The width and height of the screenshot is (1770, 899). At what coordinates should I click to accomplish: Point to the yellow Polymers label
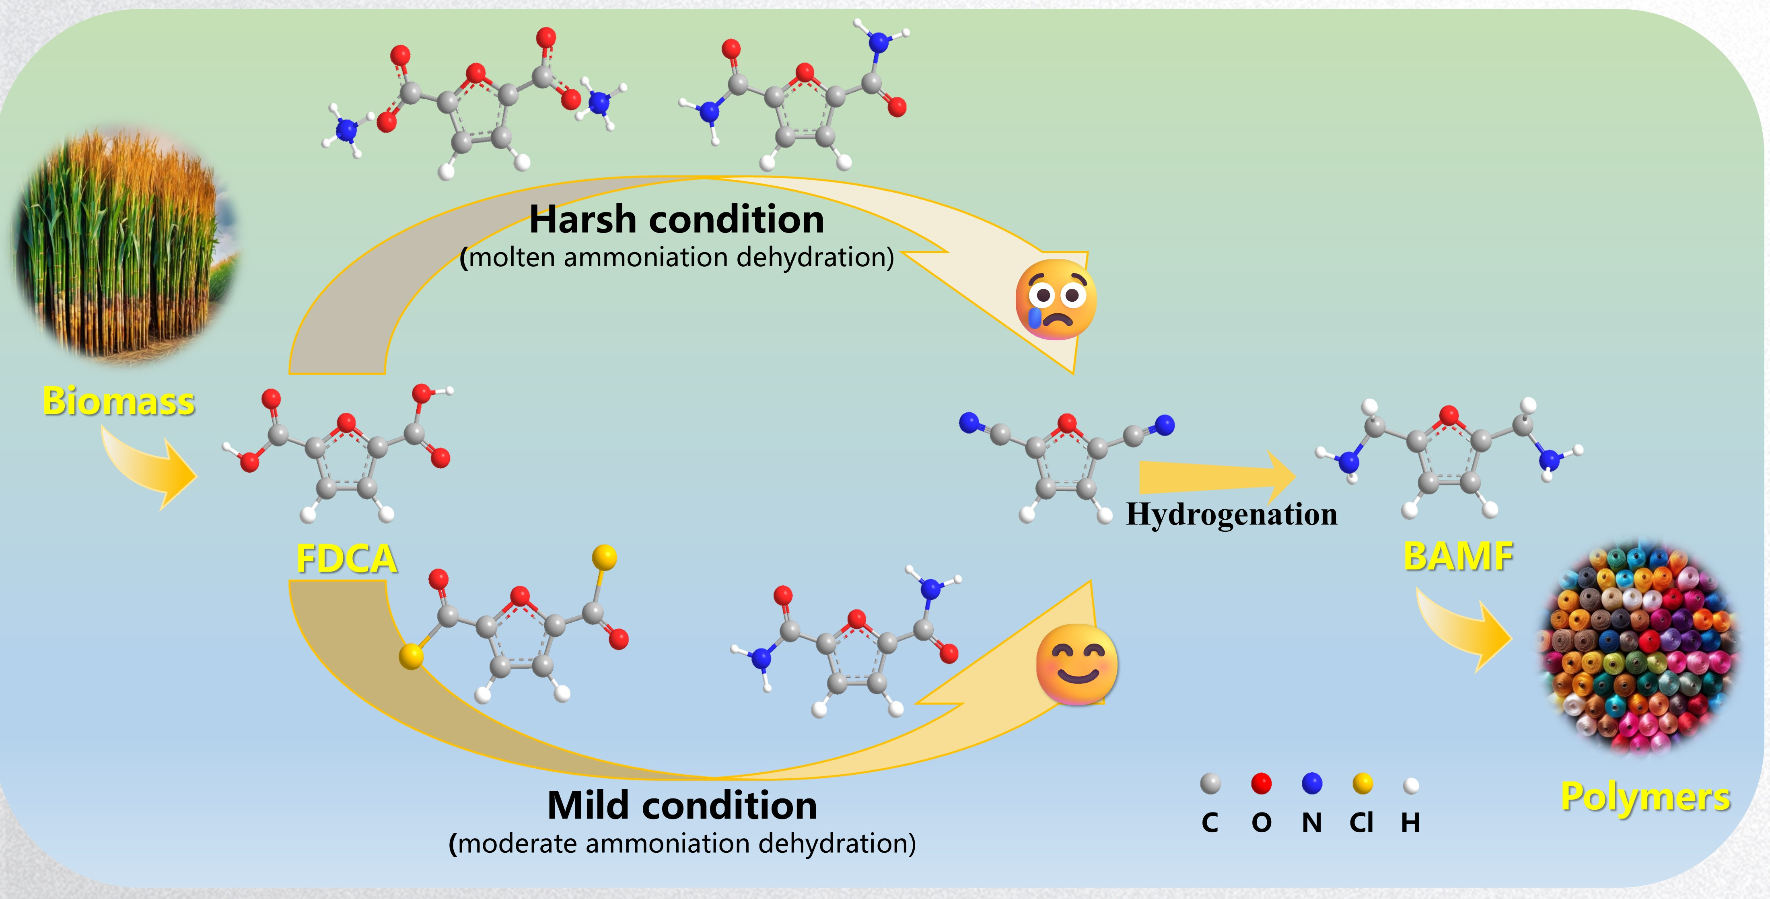[1645, 797]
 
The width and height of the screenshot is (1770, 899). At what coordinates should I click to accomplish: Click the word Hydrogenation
[1231, 514]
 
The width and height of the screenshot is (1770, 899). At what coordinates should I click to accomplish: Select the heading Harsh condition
[676, 220]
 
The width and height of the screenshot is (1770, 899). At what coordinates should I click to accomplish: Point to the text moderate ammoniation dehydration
[682, 843]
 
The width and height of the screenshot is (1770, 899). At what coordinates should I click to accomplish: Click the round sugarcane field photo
[123, 244]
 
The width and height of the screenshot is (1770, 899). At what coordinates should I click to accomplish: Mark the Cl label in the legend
[1361, 823]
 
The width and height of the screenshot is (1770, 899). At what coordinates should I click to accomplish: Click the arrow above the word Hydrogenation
[1213, 476]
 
